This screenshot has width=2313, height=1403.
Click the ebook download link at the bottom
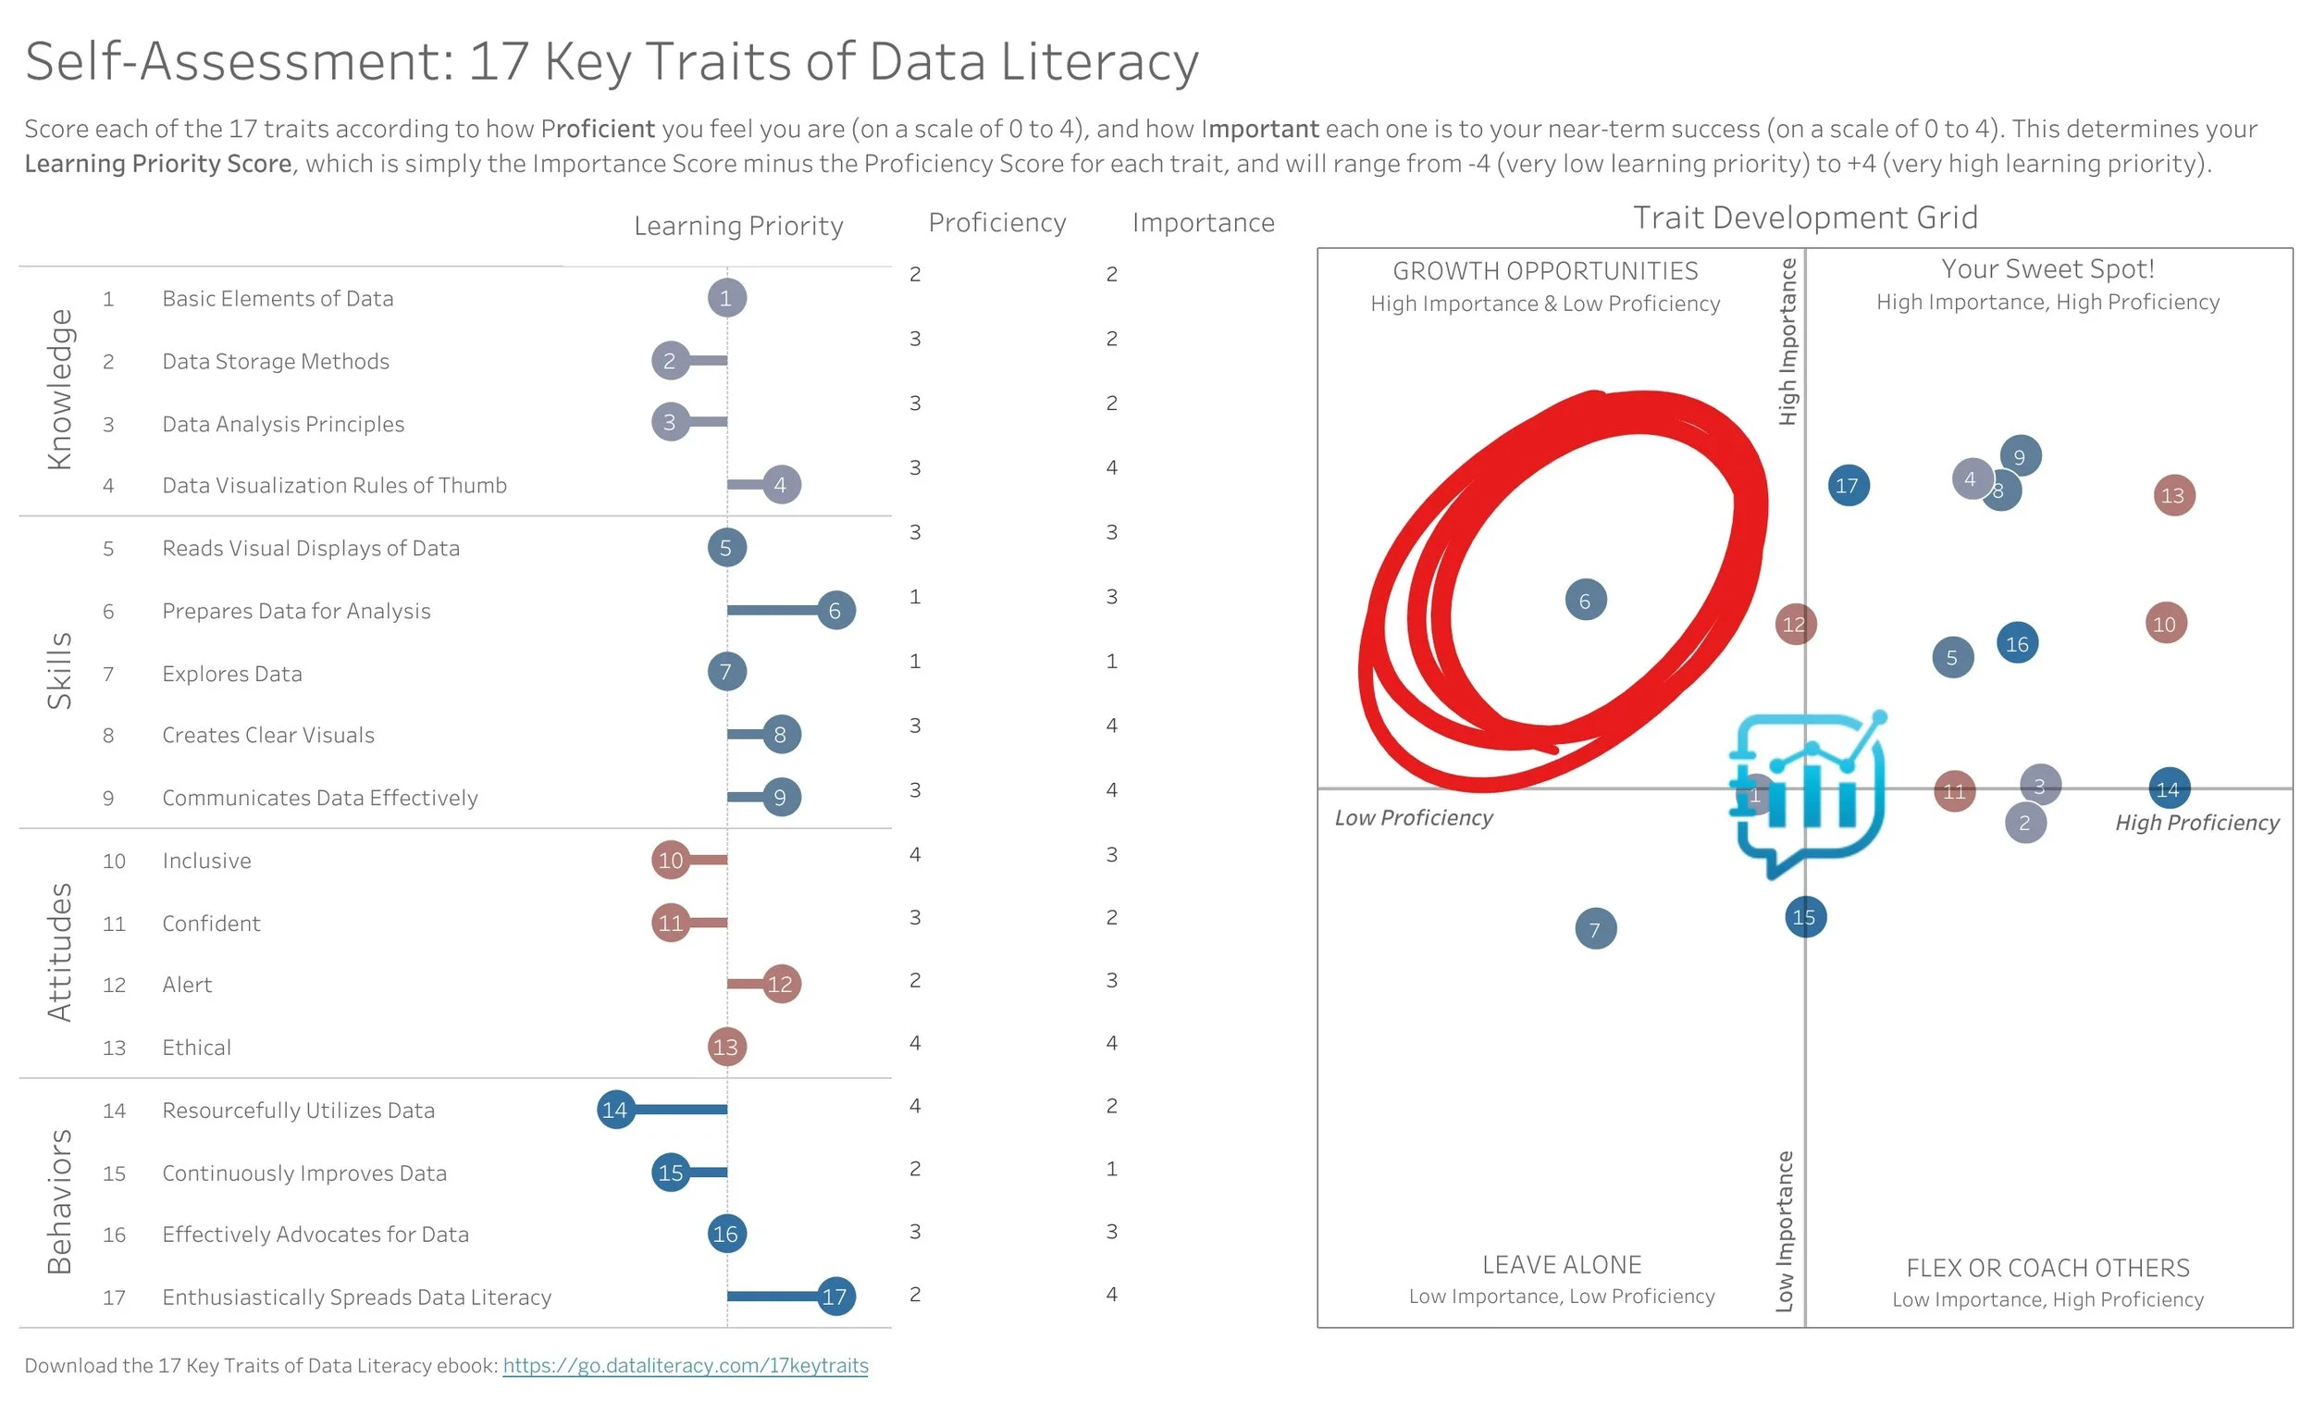tap(686, 1365)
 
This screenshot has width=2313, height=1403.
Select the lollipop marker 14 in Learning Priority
tap(615, 1110)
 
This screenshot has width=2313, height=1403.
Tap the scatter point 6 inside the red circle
tap(1586, 600)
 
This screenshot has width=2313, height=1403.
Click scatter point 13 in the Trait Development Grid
tap(2173, 495)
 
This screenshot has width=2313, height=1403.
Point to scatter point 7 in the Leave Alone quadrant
tap(1595, 929)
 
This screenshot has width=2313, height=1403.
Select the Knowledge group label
tap(58, 389)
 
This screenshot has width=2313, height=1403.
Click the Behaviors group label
tap(58, 1202)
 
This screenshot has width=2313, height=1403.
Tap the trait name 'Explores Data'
tap(232, 674)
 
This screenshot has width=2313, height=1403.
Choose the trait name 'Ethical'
tap(196, 1047)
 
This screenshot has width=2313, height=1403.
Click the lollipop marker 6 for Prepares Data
tap(835, 611)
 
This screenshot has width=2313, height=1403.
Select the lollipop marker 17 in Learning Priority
tap(835, 1297)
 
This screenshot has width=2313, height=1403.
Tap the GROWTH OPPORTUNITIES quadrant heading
tap(1545, 271)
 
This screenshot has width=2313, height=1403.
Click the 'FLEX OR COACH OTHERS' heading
tap(2047, 1268)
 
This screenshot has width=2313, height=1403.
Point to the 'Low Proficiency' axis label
tap(1414, 818)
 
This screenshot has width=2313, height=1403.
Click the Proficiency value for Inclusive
tap(915, 854)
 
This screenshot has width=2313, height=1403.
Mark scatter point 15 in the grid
tap(1804, 917)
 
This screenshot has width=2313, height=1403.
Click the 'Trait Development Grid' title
tap(1805, 217)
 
